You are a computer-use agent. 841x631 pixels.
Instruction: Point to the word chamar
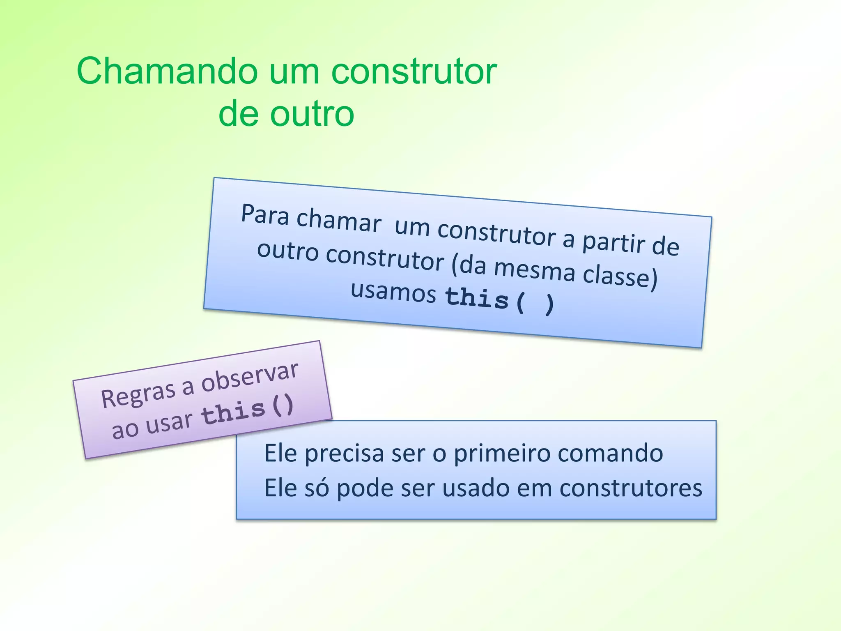339,220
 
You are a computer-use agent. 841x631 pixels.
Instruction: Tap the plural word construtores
631,488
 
